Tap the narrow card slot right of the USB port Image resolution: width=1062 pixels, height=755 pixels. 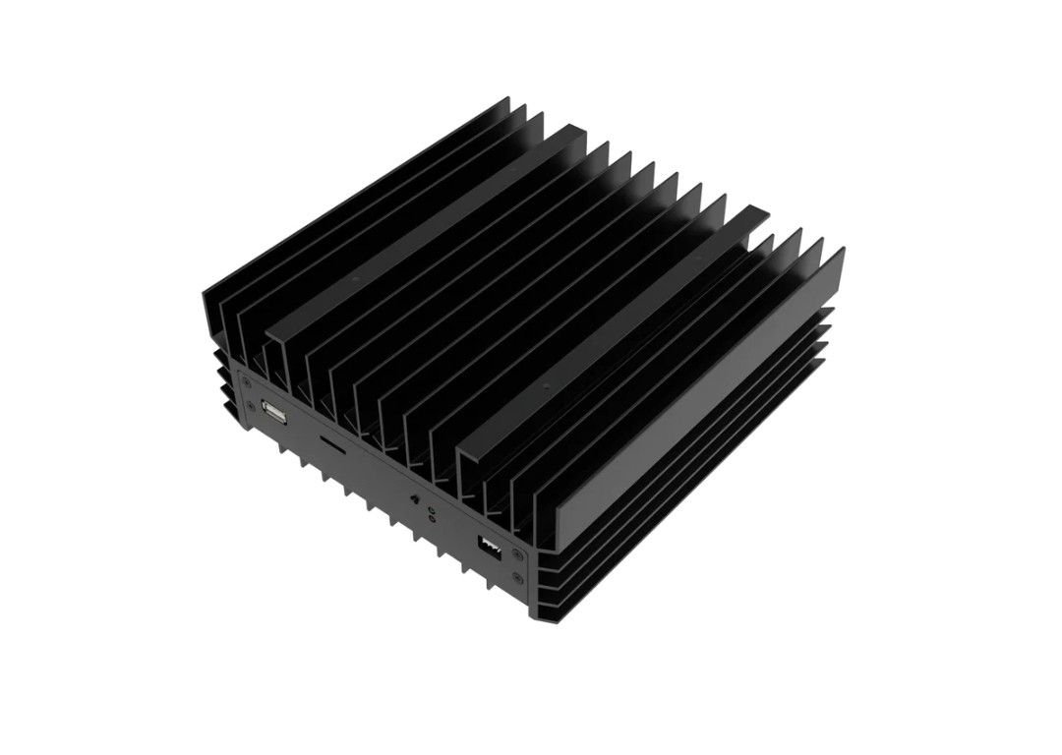333,445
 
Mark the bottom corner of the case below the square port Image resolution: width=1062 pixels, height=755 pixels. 537,618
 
